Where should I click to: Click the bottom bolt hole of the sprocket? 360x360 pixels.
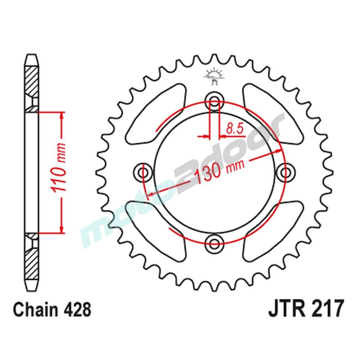tap(215, 241)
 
